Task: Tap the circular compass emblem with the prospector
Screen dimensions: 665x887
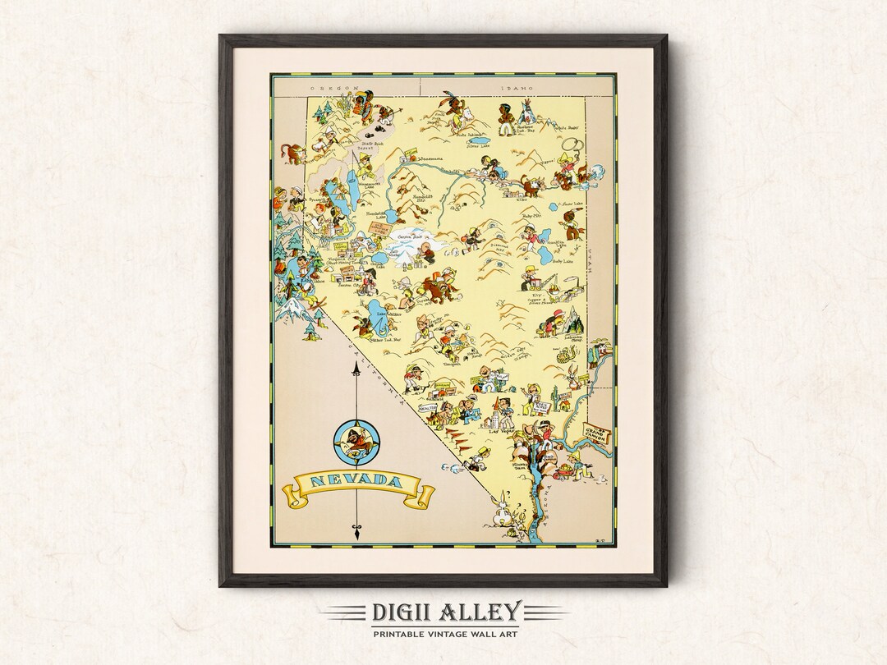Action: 356,442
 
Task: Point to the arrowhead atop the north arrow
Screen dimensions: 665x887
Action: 356,374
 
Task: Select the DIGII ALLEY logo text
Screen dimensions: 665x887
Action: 443,612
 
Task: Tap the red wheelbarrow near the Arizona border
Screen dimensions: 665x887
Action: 564,470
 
